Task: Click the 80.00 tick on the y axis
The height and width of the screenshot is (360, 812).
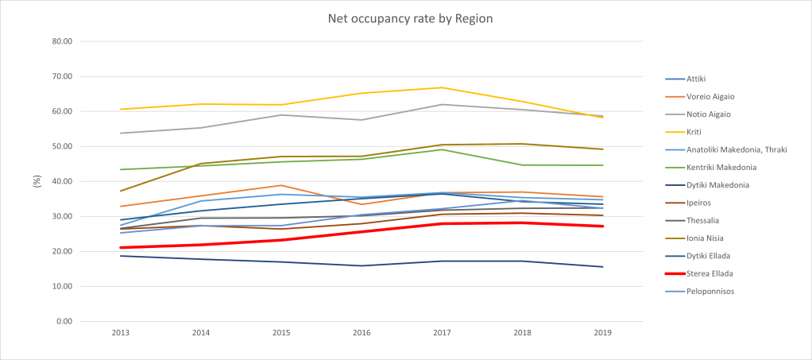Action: click(61, 41)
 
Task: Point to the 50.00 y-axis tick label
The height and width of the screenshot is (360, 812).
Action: click(61, 146)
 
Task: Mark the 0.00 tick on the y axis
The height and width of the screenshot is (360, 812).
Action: click(64, 321)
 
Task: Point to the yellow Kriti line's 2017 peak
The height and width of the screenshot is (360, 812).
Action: click(441, 87)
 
